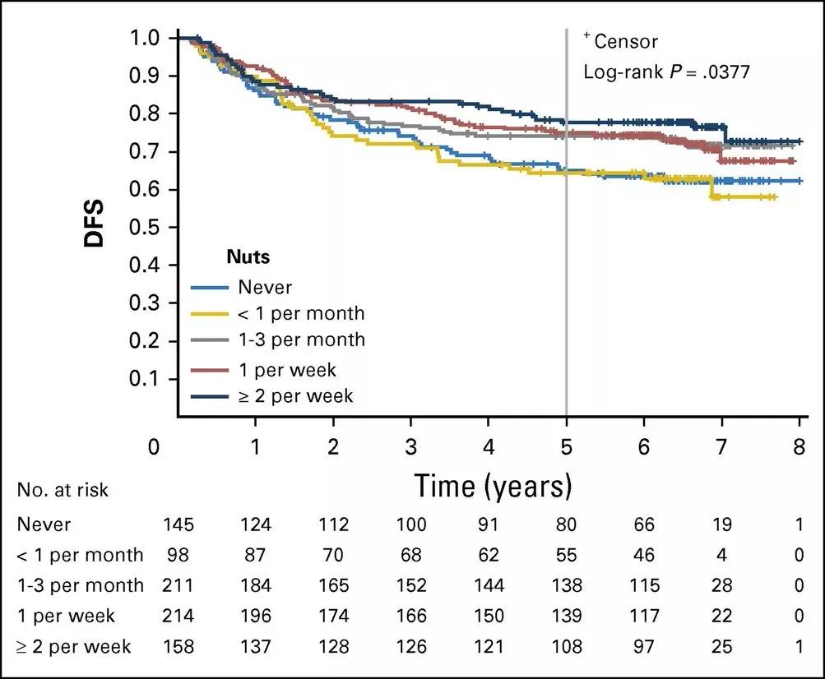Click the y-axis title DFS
point(95,227)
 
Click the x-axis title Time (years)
point(493,486)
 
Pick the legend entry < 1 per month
point(300,313)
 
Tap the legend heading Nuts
point(248,257)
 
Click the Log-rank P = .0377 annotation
point(666,72)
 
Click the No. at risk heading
point(63,491)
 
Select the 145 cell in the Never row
point(178,524)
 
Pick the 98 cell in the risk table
point(178,555)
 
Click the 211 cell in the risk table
point(178,585)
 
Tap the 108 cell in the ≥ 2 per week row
point(566,647)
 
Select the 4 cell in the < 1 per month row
point(721,555)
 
